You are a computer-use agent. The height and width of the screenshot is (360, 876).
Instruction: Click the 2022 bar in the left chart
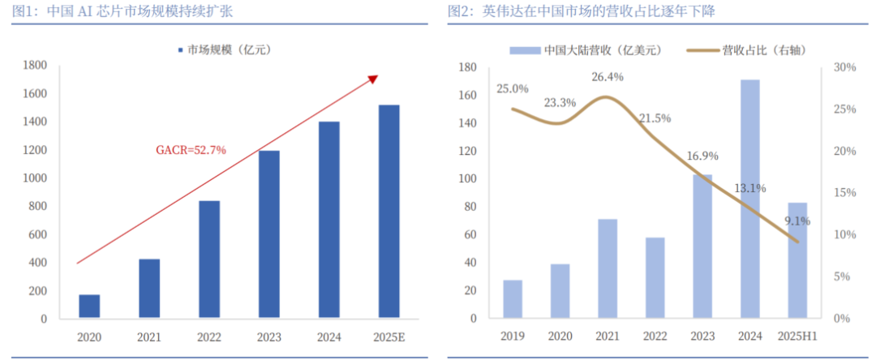coord(209,259)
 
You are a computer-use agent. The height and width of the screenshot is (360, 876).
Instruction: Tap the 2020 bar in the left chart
coord(89,306)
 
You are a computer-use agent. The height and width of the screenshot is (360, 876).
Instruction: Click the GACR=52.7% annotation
coord(191,150)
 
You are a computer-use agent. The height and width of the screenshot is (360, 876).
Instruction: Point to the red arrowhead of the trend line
coord(374,78)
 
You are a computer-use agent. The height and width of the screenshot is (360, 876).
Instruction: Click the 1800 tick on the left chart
coord(35,66)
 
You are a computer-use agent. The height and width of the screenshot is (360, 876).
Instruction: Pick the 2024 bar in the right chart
coord(750,199)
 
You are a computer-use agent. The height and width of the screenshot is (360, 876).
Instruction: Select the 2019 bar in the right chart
coord(513,299)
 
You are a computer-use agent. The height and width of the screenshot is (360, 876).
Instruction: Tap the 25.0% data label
coord(513,88)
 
